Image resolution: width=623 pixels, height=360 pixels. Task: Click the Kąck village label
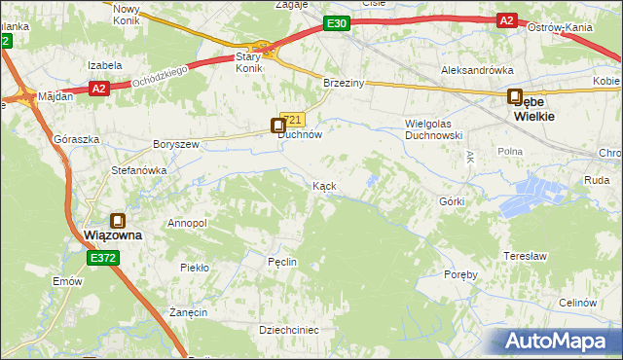324,185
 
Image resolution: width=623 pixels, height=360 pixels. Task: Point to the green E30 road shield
337,22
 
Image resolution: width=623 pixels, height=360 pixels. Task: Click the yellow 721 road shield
297,120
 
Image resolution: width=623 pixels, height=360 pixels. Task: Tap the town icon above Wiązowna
118,221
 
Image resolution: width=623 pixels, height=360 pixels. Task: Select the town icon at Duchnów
278,124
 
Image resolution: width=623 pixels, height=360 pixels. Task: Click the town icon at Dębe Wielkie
514,96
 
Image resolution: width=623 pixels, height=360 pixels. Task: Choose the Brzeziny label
344,84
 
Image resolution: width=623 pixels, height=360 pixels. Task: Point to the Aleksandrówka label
477,70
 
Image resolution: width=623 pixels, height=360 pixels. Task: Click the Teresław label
523,256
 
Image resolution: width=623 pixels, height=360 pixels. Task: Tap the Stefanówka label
138,169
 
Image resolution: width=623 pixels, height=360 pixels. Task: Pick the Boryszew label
175,144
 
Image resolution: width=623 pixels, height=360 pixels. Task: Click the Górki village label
452,201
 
